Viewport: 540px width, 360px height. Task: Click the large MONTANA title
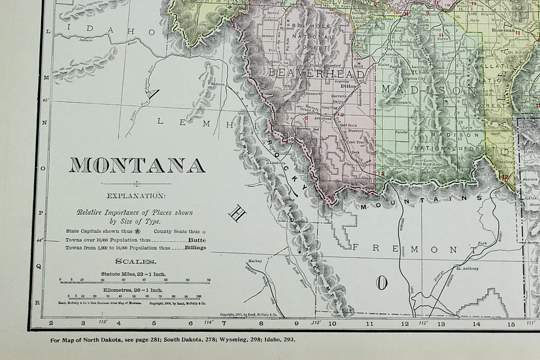pyautogui.click(x=137, y=165)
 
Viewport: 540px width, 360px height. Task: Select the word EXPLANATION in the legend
pyautogui.click(x=137, y=196)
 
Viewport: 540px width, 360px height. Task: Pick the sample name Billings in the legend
pyautogui.click(x=195, y=247)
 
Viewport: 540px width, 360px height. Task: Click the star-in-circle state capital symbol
pyautogui.click(x=138, y=231)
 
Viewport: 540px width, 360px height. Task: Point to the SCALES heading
pyautogui.click(x=136, y=261)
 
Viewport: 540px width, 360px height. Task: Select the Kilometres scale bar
pyautogui.click(x=130, y=296)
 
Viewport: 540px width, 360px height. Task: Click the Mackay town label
pyautogui.click(x=254, y=262)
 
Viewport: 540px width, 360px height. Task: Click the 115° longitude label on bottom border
pyautogui.click(x=103, y=322)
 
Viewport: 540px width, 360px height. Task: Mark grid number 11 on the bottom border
pyautogui.click(x=370, y=323)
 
